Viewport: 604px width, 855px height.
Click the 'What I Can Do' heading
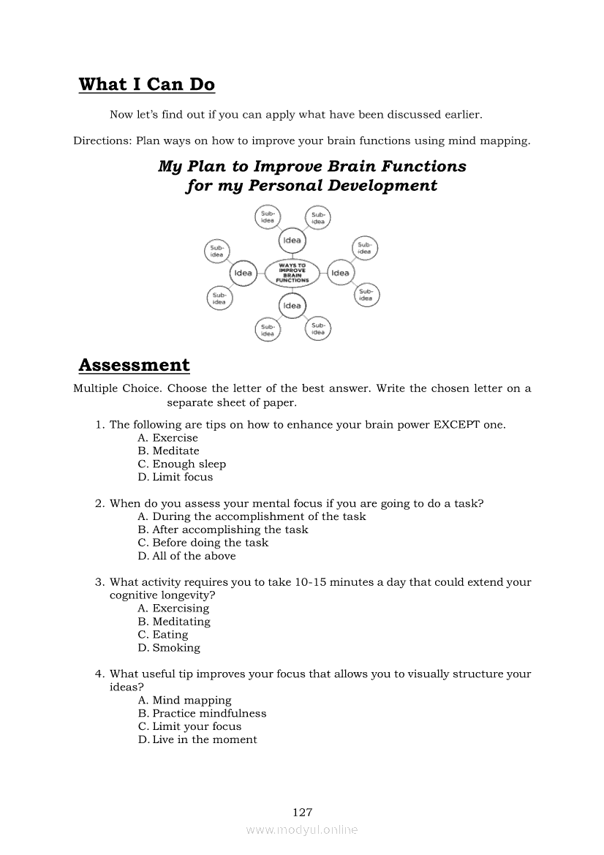(x=146, y=85)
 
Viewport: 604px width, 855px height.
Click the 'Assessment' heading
(x=134, y=365)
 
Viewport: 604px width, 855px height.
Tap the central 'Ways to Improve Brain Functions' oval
(x=292, y=273)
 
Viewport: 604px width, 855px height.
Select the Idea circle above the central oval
(x=292, y=241)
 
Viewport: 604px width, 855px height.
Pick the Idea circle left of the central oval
(x=243, y=273)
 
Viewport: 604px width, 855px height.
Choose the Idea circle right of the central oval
(x=340, y=273)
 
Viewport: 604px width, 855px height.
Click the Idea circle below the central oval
(x=292, y=306)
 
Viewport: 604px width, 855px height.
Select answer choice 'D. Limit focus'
(x=175, y=477)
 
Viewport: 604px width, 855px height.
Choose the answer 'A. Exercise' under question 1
(x=168, y=437)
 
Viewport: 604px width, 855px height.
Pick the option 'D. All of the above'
(x=187, y=556)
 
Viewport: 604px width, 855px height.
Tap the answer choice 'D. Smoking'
(x=169, y=647)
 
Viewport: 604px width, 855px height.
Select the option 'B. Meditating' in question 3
(x=174, y=622)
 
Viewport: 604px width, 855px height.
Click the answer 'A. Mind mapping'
(x=185, y=700)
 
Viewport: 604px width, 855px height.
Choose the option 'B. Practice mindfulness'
(x=203, y=713)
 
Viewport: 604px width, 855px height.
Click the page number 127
(x=302, y=812)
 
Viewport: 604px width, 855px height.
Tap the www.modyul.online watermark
(x=302, y=830)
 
